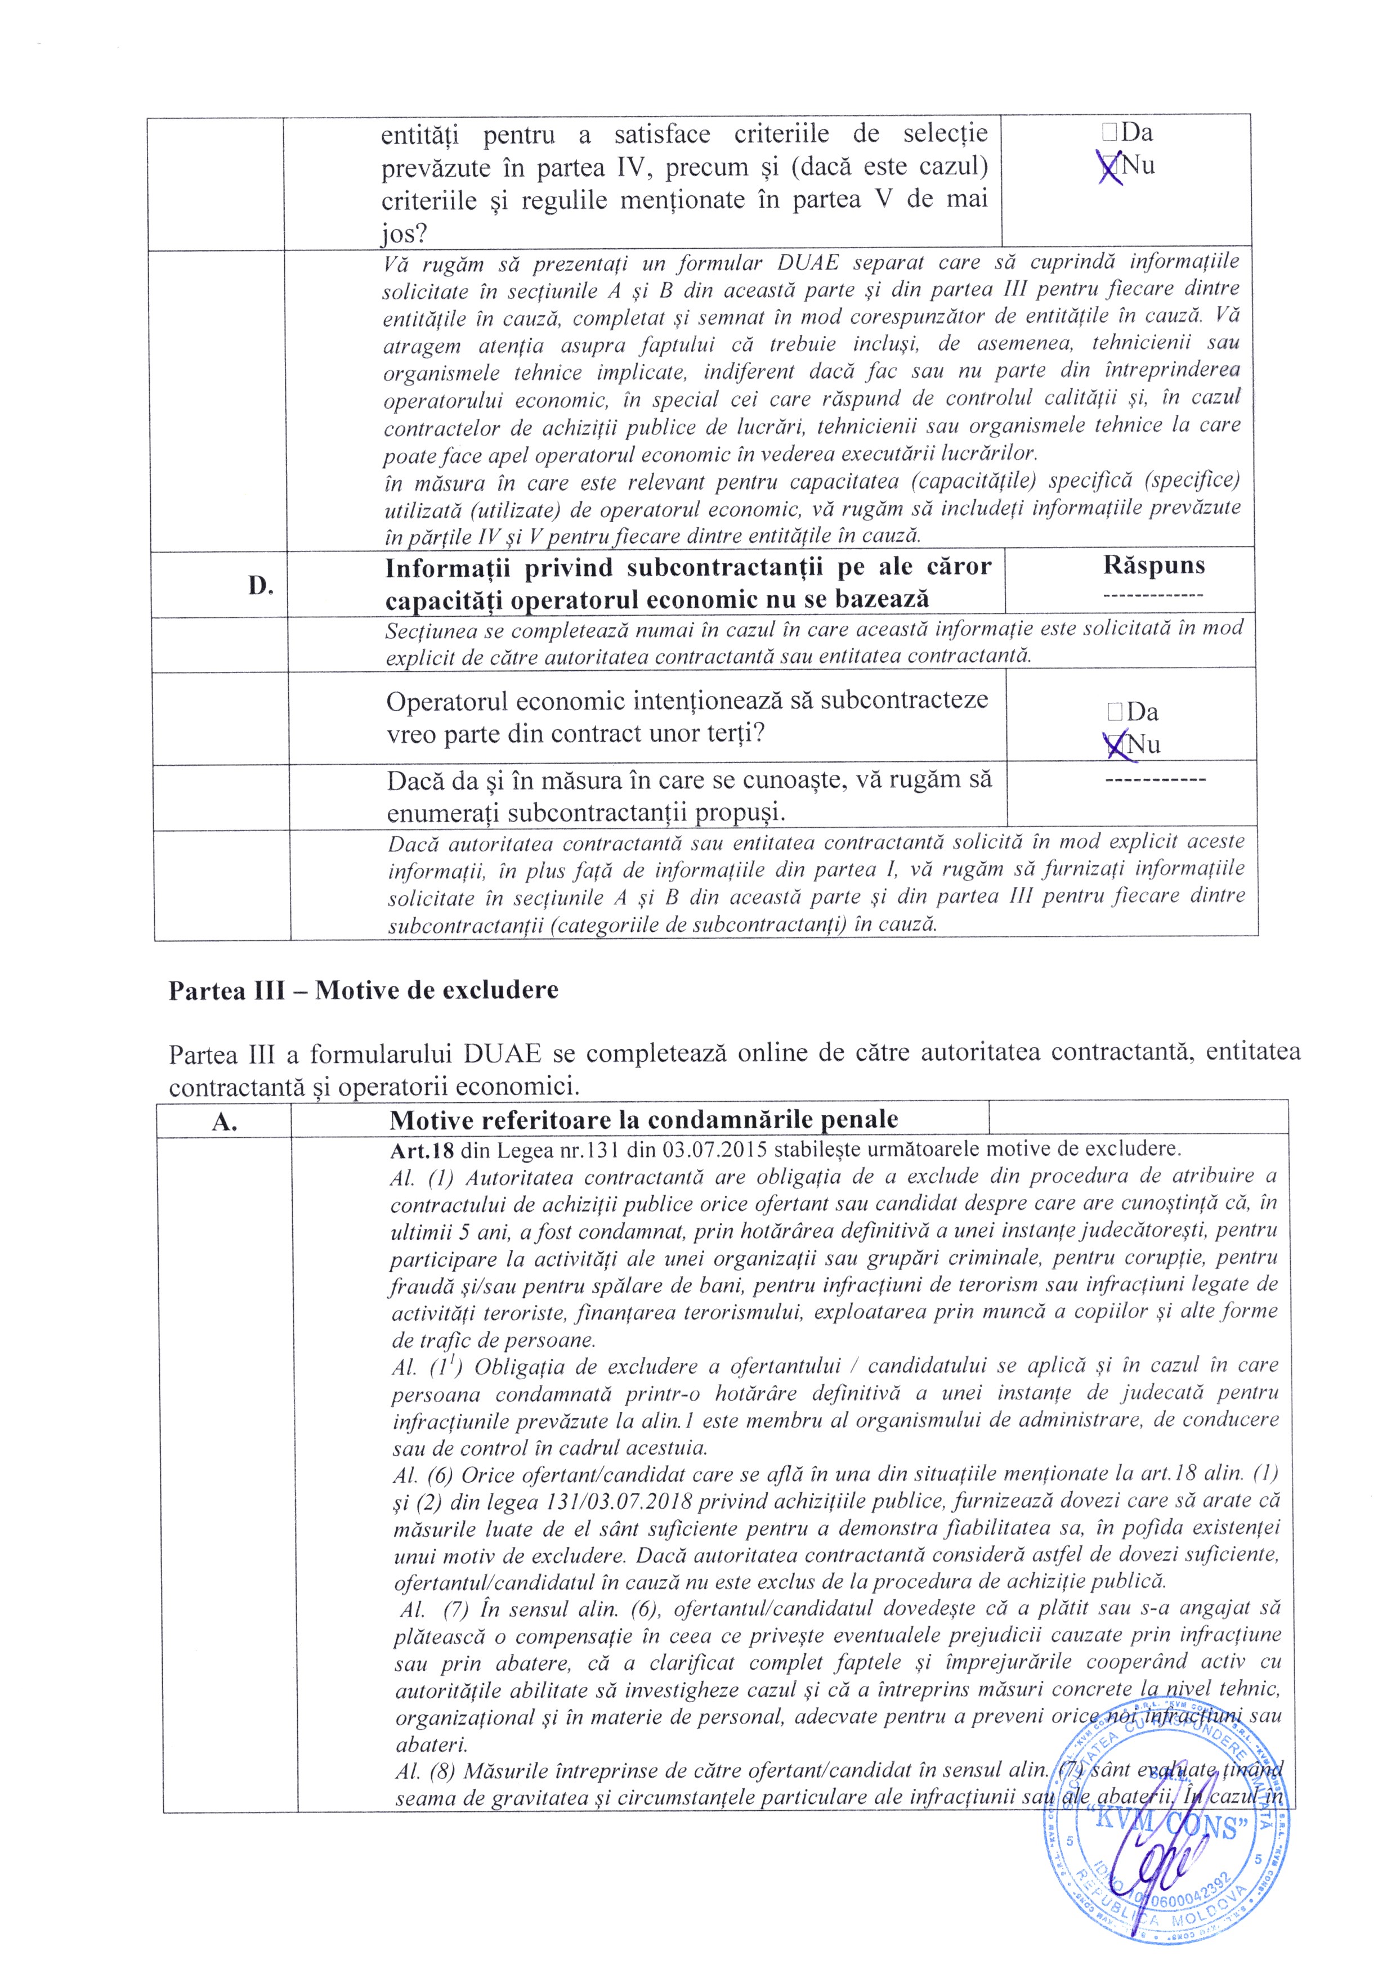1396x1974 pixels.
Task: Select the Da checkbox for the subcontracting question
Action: pyautogui.click(x=1115, y=711)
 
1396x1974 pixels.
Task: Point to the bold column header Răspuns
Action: pyautogui.click(x=1153, y=565)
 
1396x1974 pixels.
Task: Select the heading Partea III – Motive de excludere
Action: pyautogui.click(x=363, y=990)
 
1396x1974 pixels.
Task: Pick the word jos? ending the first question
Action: pyautogui.click(x=404, y=234)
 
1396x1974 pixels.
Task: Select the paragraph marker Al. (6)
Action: pyautogui.click(x=423, y=1474)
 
